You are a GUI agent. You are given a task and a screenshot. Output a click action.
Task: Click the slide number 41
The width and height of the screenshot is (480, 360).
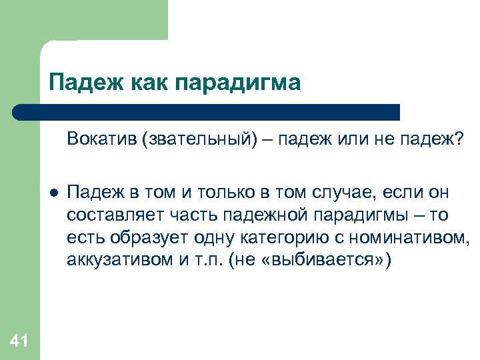[19, 342]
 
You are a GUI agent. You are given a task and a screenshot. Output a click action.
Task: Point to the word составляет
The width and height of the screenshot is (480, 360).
[107, 216]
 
